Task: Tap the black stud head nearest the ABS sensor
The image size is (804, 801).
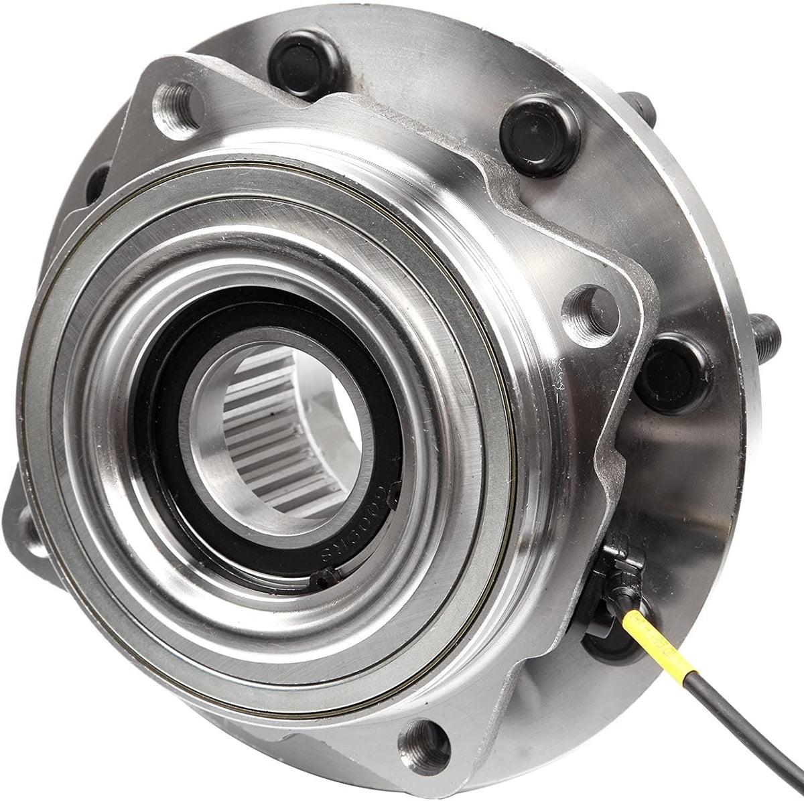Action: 674,365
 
